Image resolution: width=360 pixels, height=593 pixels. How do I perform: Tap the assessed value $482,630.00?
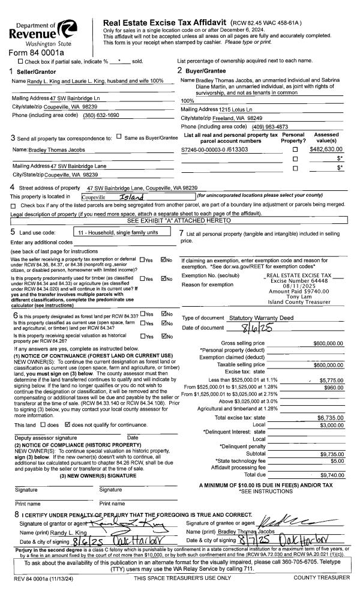326,148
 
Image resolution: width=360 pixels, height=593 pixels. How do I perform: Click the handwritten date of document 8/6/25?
251,327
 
